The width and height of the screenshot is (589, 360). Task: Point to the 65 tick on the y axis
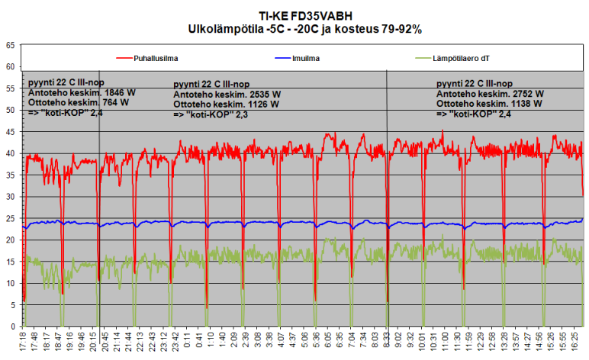pyautogui.click(x=11, y=46)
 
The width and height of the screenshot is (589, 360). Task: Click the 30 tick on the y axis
pyautogui.click(x=11, y=197)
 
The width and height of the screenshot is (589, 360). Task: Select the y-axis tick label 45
pyautogui.click(x=11, y=132)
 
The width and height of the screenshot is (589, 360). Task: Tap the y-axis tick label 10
pyautogui.click(x=11, y=283)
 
